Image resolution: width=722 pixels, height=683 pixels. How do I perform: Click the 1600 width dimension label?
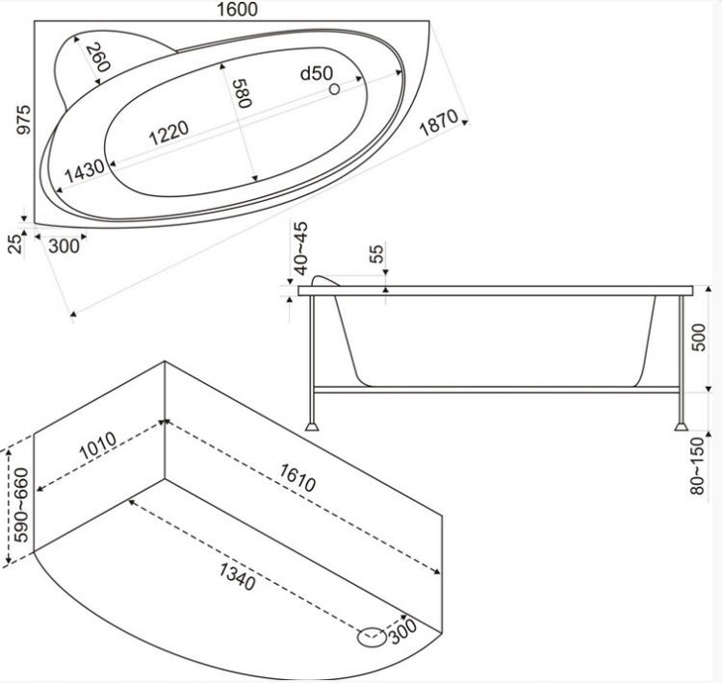coord(237,10)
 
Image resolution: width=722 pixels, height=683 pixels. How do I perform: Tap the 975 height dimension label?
coord(23,119)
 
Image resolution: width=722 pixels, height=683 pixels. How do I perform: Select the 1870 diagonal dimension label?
coord(439,122)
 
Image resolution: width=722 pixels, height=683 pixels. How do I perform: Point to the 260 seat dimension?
coord(98,57)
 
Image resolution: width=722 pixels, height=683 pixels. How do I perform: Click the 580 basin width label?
coord(242,93)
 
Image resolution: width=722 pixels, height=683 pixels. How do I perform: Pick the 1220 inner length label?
coord(169,132)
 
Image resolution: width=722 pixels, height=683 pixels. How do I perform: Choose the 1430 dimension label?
coord(85,170)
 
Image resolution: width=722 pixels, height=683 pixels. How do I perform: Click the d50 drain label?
coord(317,74)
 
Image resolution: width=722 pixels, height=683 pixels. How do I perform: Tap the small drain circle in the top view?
coord(335,89)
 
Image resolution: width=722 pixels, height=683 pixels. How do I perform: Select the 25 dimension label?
coord(15,243)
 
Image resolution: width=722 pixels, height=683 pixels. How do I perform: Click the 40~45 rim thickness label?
coord(300,248)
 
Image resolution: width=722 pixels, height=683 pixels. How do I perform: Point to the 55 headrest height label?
coord(376,254)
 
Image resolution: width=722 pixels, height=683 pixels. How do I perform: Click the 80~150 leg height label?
coord(697,466)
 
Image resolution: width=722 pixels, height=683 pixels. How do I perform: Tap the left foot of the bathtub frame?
coord(313,427)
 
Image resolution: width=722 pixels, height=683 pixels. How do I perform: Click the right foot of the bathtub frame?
coord(681,427)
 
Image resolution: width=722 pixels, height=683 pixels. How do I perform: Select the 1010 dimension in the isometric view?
coord(97,445)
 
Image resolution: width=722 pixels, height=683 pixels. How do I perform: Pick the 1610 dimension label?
coord(297,478)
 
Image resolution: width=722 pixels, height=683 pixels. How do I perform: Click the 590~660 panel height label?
coord(21,505)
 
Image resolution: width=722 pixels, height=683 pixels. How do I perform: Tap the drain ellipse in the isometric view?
coord(372,637)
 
